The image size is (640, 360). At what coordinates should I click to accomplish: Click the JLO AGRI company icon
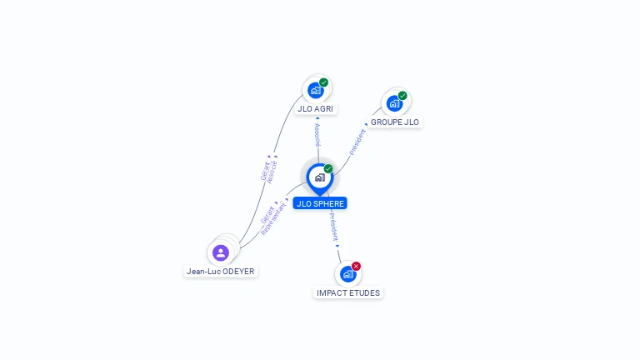[315, 90]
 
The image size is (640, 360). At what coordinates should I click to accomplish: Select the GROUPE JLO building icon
[394, 103]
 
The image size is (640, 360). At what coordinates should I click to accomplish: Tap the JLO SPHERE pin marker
[319, 177]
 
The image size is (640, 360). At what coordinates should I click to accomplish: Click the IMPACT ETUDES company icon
[347, 274]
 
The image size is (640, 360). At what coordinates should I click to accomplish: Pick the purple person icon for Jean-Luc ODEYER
[221, 252]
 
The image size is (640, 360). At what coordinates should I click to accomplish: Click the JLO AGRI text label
[316, 109]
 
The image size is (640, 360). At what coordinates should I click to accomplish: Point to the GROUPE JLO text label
[395, 122]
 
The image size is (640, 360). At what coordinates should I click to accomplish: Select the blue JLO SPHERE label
[319, 203]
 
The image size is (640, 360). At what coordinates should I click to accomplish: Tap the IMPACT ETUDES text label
[348, 293]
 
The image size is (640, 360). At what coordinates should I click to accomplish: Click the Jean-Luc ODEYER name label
[221, 272]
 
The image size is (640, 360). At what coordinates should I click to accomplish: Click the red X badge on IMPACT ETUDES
[357, 266]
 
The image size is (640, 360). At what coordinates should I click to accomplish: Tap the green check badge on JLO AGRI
[323, 82]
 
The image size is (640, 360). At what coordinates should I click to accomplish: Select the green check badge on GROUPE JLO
[402, 96]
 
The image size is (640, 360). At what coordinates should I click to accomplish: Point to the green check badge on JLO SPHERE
[328, 169]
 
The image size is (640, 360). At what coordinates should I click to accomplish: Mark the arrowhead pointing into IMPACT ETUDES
[338, 246]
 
